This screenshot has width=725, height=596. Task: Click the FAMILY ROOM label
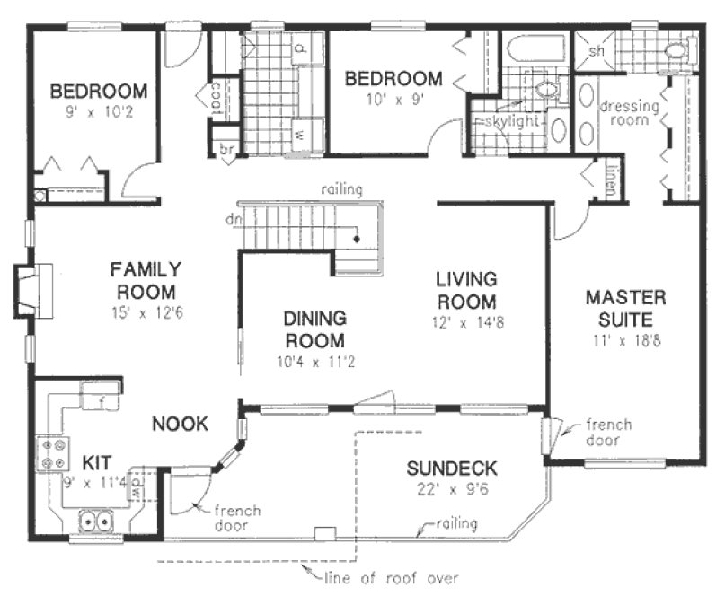146,281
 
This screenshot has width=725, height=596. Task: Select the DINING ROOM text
314,329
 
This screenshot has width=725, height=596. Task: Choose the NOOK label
180,424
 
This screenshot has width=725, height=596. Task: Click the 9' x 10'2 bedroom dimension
99,114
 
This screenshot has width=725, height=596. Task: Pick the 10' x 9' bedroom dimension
393,101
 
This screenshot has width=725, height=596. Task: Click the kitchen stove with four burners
53,453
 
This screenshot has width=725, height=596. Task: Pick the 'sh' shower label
596,51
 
